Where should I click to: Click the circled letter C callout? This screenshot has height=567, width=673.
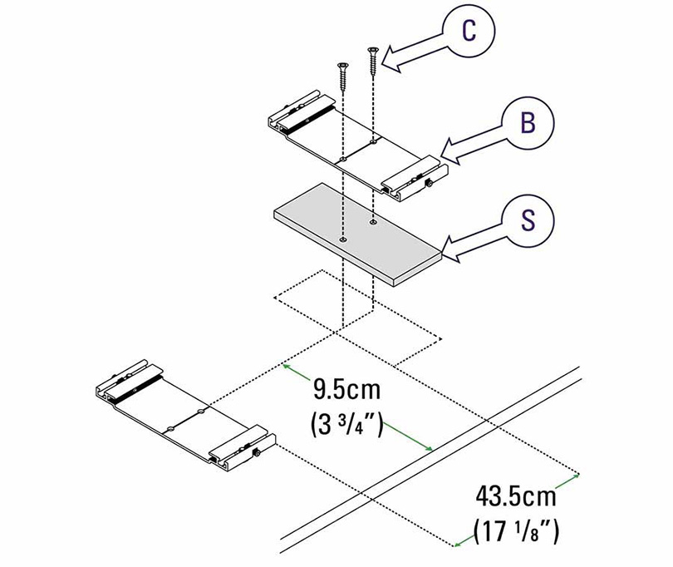469,31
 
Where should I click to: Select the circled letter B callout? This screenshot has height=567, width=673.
528,122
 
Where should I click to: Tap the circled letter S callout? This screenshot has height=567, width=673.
528,220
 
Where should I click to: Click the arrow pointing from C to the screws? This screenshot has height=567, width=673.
412,52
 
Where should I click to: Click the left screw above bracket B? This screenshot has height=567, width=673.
342,76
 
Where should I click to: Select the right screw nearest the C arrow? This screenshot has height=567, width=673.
372,62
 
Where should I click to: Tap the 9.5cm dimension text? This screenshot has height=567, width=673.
346,390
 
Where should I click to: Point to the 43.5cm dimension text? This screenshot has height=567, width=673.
515,496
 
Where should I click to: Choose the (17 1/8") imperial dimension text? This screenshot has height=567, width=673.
516,531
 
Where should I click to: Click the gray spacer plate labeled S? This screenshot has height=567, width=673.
357,234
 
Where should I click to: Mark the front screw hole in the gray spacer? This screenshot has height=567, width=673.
342,239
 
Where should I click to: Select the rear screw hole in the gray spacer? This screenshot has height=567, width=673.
373,222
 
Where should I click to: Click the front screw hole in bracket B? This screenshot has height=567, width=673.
342,160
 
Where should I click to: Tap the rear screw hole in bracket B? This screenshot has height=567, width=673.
373,141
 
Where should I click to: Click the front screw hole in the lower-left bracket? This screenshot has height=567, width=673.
170,429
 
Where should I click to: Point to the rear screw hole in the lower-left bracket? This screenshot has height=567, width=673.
201,412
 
